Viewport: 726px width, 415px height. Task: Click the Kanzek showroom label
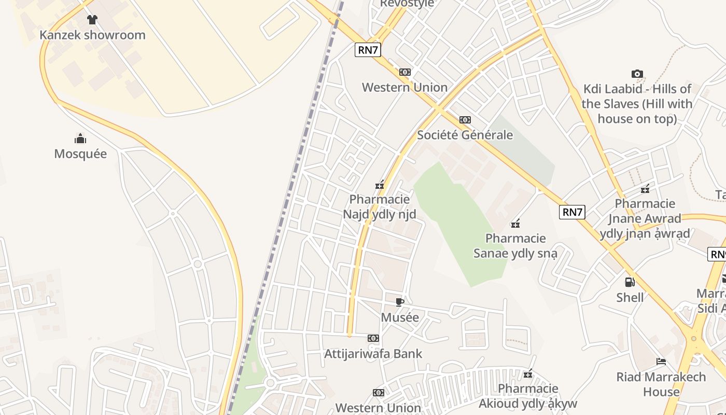(92, 35)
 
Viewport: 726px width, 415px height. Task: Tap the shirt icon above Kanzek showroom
(92, 20)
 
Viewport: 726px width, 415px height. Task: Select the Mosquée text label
(80, 154)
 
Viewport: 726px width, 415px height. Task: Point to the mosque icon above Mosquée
(80, 138)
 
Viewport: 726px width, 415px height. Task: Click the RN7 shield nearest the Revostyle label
(368, 50)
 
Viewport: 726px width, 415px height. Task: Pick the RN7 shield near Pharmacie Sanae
(572, 212)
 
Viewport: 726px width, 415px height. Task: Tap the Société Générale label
(465, 135)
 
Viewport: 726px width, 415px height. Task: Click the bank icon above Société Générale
(465, 120)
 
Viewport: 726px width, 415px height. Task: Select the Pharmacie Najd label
(380, 206)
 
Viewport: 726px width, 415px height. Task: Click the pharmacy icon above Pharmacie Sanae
(515, 224)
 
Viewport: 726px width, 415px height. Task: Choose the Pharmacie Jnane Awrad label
(645, 218)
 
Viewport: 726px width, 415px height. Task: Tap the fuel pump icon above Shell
(630, 282)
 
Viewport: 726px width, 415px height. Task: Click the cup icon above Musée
(400, 302)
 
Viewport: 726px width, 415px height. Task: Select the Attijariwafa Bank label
(373, 354)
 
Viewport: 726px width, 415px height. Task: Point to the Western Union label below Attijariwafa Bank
(378, 408)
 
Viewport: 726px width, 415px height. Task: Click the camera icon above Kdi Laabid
(637, 74)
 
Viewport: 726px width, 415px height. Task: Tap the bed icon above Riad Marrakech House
(661, 362)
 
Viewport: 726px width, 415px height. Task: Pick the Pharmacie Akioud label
(528, 396)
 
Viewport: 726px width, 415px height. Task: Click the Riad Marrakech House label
(661, 384)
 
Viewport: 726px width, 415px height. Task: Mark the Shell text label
(630, 298)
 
